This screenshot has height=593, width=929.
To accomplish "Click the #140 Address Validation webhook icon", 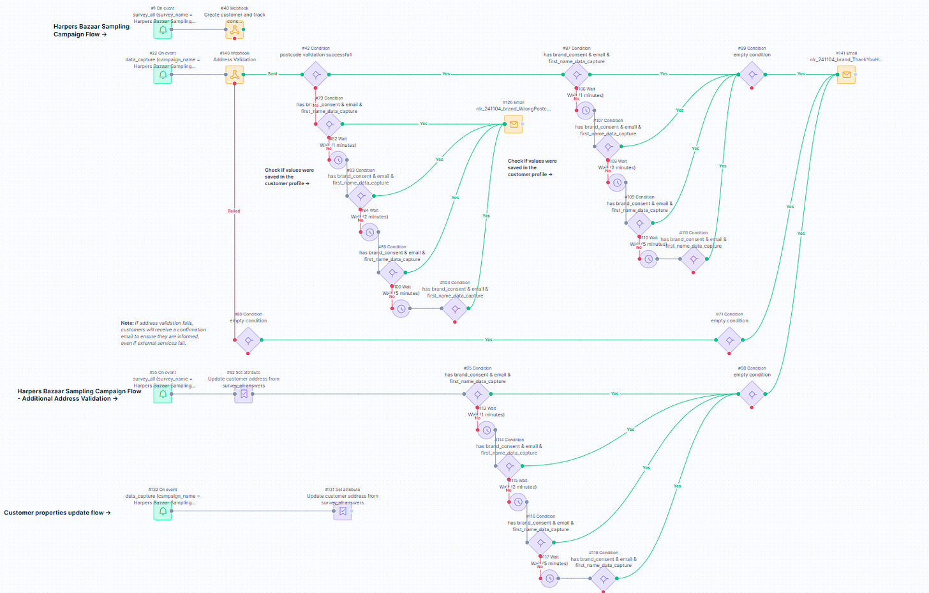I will pyautogui.click(x=235, y=75).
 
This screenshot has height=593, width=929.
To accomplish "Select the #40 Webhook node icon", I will pyautogui.click(x=235, y=29).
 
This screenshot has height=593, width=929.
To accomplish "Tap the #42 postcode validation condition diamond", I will pyautogui.click(x=316, y=75).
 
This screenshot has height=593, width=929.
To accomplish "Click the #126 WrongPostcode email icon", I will pyautogui.click(x=514, y=124).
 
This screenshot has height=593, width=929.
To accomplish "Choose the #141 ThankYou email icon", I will pyautogui.click(x=846, y=75).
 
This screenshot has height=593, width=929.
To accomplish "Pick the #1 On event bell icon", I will pyautogui.click(x=163, y=29).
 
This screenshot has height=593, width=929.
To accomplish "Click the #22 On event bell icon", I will pyautogui.click(x=163, y=75).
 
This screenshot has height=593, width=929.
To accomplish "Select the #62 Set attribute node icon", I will pyautogui.click(x=244, y=394).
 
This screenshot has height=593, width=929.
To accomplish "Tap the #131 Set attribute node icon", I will pyautogui.click(x=343, y=511).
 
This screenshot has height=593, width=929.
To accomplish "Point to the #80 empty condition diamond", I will pyautogui.click(x=248, y=340).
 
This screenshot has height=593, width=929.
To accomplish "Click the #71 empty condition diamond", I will pyautogui.click(x=729, y=340).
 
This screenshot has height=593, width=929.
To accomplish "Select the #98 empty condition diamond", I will pyautogui.click(x=752, y=394).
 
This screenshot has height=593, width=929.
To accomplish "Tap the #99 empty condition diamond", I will pyautogui.click(x=752, y=75).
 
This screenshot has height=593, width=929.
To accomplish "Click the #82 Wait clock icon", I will pyautogui.click(x=338, y=160).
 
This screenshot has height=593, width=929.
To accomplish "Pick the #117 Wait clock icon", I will pyautogui.click(x=549, y=578).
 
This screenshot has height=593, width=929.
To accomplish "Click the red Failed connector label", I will pyautogui.click(x=234, y=211).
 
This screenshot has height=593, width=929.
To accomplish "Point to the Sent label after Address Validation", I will pyautogui.click(x=272, y=74).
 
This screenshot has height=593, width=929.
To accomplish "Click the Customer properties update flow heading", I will pyautogui.click(x=57, y=513).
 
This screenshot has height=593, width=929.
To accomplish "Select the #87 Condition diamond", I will pyautogui.click(x=576, y=75).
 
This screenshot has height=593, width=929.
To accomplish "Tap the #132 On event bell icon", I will pyautogui.click(x=163, y=511).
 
